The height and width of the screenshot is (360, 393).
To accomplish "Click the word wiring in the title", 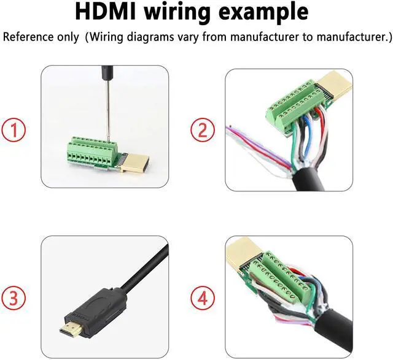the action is [x=193, y=12].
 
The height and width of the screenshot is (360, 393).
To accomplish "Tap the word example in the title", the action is [x=276, y=12].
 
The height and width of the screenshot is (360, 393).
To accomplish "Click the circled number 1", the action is [x=14, y=130].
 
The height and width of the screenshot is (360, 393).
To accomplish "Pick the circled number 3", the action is [x=14, y=299].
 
